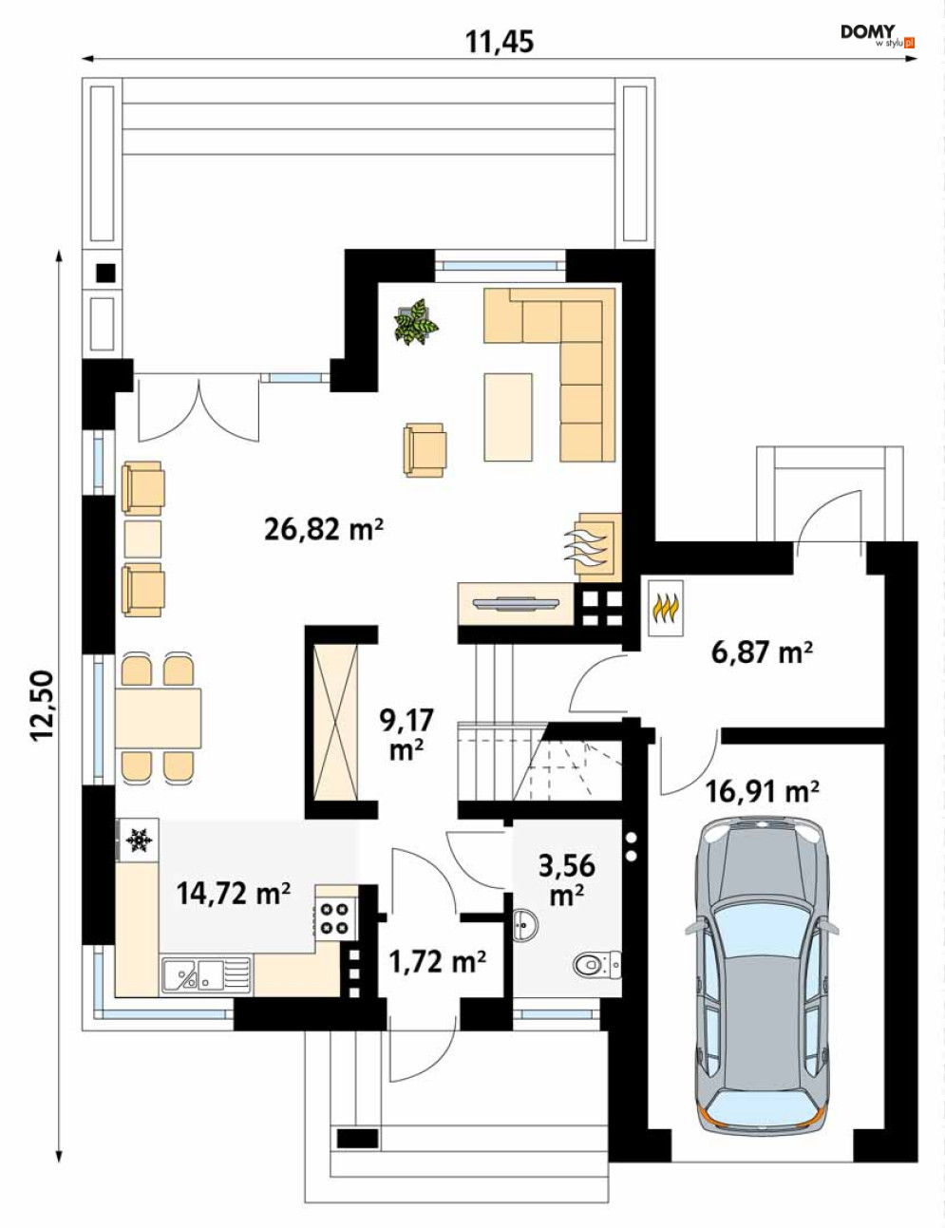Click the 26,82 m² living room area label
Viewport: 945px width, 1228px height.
click(x=324, y=531)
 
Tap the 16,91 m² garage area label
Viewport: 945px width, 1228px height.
click(x=762, y=792)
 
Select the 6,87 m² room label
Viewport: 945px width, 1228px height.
click(x=762, y=652)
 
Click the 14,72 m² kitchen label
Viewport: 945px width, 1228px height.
click(x=234, y=894)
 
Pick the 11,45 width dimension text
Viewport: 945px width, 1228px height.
click(x=500, y=41)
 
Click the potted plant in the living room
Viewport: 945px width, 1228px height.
click(x=416, y=322)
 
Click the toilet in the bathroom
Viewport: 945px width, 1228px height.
click(x=597, y=964)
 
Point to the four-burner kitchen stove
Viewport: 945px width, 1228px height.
click(x=335, y=918)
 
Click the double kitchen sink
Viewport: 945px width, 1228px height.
click(x=205, y=974)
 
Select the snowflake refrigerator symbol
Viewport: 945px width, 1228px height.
click(x=139, y=841)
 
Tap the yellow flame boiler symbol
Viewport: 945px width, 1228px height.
click(x=666, y=608)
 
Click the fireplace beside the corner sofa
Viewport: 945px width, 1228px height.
click(x=598, y=548)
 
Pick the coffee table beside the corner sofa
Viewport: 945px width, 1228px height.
click(x=508, y=417)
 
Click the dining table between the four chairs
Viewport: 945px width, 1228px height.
click(x=159, y=718)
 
